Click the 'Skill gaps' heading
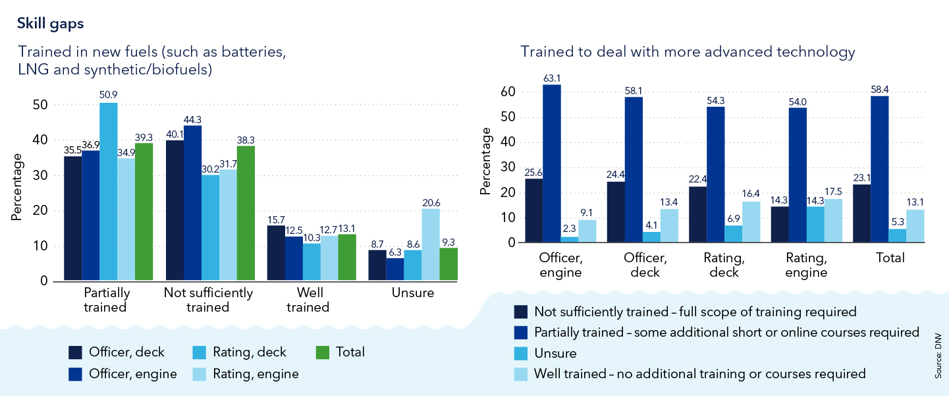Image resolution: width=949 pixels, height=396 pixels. (x=50, y=23)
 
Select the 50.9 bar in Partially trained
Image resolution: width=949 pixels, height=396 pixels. (x=108, y=192)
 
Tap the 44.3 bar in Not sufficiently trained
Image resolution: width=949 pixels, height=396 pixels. (x=192, y=203)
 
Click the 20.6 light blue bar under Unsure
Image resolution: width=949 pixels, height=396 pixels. (x=431, y=244)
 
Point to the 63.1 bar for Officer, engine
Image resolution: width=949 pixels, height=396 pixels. (x=553, y=164)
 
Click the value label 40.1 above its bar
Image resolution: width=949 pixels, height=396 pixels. (x=175, y=134)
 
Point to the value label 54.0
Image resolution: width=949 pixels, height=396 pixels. (x=797, y=101)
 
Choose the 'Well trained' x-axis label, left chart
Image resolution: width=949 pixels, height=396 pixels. (x=308, y=300)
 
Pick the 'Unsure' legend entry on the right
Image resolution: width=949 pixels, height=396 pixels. (x=555, y=353)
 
